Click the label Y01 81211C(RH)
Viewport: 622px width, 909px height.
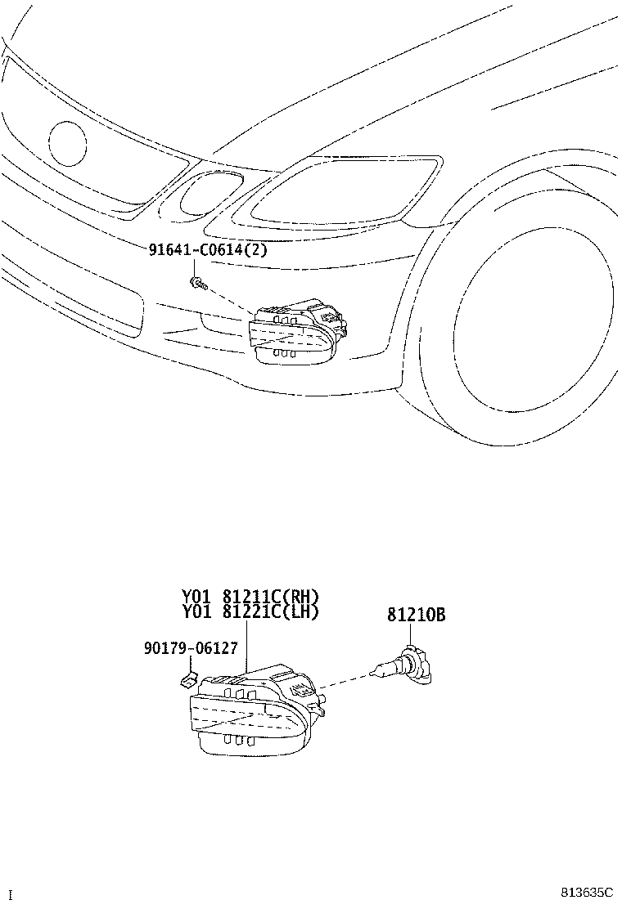tap(250, 597)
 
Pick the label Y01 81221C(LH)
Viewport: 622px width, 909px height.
tap(250, 611)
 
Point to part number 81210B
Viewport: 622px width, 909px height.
tap(416, 615)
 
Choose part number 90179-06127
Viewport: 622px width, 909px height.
tap(191, 647)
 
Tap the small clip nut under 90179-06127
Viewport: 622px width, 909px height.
tap(187, 678)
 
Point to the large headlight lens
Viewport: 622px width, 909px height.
tap(336, 190)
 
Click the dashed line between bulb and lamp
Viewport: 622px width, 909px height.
tap(346, 681)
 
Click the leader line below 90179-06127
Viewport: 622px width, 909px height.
tap(191, 663)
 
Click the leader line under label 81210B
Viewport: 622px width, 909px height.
tap(410, 635)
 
